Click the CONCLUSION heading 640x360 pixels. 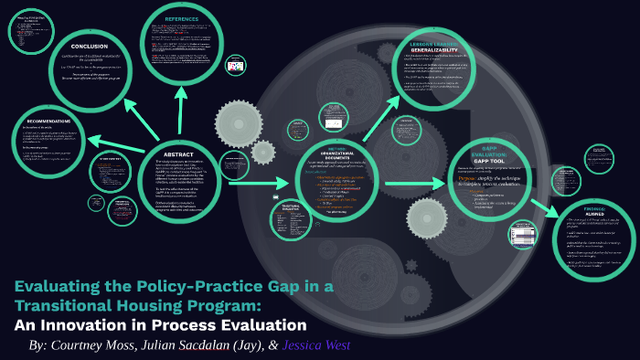tap(89, 47)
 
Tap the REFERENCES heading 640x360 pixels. tap(181, 18)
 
